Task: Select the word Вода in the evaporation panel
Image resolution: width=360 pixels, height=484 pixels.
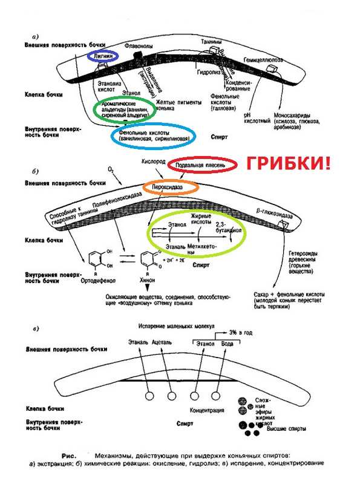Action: (x=228, y=343)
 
